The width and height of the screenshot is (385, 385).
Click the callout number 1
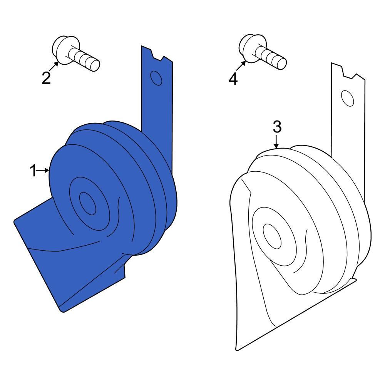(33, 171)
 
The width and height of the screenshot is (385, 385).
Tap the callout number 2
(46, 78)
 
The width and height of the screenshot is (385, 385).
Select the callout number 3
(277, 127)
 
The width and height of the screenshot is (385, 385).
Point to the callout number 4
(233, 79)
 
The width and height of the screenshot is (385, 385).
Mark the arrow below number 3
(276, 142)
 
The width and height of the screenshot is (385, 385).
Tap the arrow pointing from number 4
(241, 65)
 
